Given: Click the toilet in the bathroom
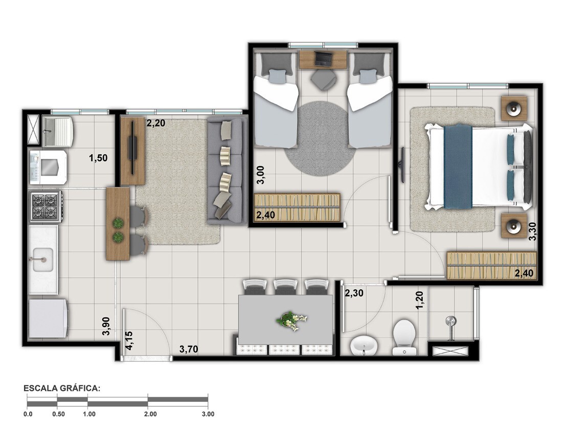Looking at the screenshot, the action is tap(404, 337).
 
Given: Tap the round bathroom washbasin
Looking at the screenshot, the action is tap(364, 345).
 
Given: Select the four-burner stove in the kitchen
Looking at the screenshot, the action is tap(46, 206).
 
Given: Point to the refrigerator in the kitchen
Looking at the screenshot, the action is tap(48, 318).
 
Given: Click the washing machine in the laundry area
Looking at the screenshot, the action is tap(48, 167).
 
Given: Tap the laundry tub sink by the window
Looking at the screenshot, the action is tap(58, 131).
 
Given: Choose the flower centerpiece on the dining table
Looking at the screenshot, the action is tap(291, 321).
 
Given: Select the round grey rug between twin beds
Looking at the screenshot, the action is tap(320, 138).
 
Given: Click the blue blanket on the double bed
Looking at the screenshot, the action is tap(458, 166).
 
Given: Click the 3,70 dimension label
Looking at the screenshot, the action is tap(188, 349).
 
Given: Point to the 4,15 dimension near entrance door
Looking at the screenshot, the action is tap(129, 340).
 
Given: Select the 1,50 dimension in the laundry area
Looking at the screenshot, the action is tap(98, 158).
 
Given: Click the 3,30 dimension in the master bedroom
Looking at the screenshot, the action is tap(532, 231).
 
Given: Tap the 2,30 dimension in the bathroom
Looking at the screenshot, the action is tap(354, 293).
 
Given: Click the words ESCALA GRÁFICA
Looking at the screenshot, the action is tap(62, 388).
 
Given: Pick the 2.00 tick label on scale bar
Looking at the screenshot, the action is tap(150, 414).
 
